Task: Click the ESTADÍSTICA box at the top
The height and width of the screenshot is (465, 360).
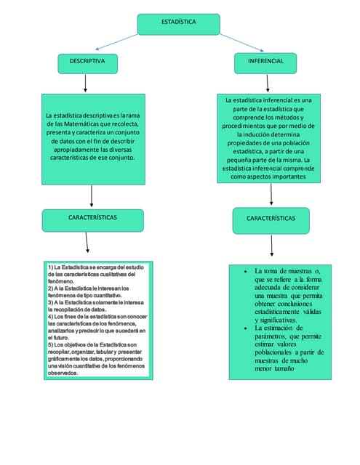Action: [x=178, y=23]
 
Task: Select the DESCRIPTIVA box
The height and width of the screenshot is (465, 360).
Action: [x=87, y=63]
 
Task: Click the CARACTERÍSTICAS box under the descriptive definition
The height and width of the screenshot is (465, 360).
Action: [x=92, y=218]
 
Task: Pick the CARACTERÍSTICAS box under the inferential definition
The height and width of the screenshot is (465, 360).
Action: [x=271, y=218]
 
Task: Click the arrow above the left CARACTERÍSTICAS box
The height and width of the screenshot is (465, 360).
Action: [x=92, y=196]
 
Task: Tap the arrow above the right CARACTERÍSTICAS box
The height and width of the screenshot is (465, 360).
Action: [x=271, y=194]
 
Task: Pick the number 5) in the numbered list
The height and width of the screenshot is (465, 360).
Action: [x=51, y=344]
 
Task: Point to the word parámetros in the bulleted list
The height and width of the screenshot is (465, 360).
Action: [x=270, y=336]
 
